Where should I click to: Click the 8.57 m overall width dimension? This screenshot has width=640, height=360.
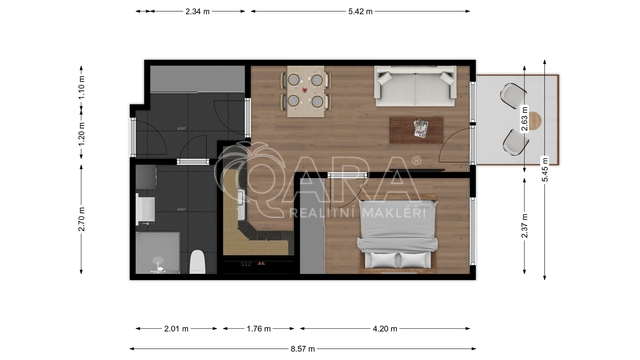tap(303, 349)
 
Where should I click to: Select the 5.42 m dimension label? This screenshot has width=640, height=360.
tap(360, 11)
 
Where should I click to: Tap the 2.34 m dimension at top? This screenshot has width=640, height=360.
tap(198, 11)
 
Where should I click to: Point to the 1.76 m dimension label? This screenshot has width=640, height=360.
tap(259, 329)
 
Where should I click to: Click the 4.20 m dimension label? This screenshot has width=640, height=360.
tap(385, 329)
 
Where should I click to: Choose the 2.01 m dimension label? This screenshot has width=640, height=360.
tap(176, 329)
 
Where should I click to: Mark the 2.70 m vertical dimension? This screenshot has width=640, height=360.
tap(82, 219)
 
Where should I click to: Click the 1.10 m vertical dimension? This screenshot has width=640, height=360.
tap(82, 87)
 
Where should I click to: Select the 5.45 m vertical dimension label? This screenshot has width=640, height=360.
tap(545, 169)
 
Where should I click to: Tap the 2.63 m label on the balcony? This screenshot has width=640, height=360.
tap(524, 118)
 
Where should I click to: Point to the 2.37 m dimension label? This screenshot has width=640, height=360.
tap(524, 226)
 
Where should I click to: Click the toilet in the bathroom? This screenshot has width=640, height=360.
tap(198, 262)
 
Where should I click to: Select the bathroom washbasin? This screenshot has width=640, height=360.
tap(145, 209)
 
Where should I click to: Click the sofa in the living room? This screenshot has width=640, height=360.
tap(416, 86)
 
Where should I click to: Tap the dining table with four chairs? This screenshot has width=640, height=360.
tap(305, 91)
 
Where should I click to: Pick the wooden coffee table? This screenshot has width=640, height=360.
tap(416, 130)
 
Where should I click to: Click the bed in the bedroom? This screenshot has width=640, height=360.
tap(398, 236)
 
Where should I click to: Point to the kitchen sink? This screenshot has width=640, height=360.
tap(241, 205)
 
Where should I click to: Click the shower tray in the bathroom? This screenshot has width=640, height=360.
tap(158, 253)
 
